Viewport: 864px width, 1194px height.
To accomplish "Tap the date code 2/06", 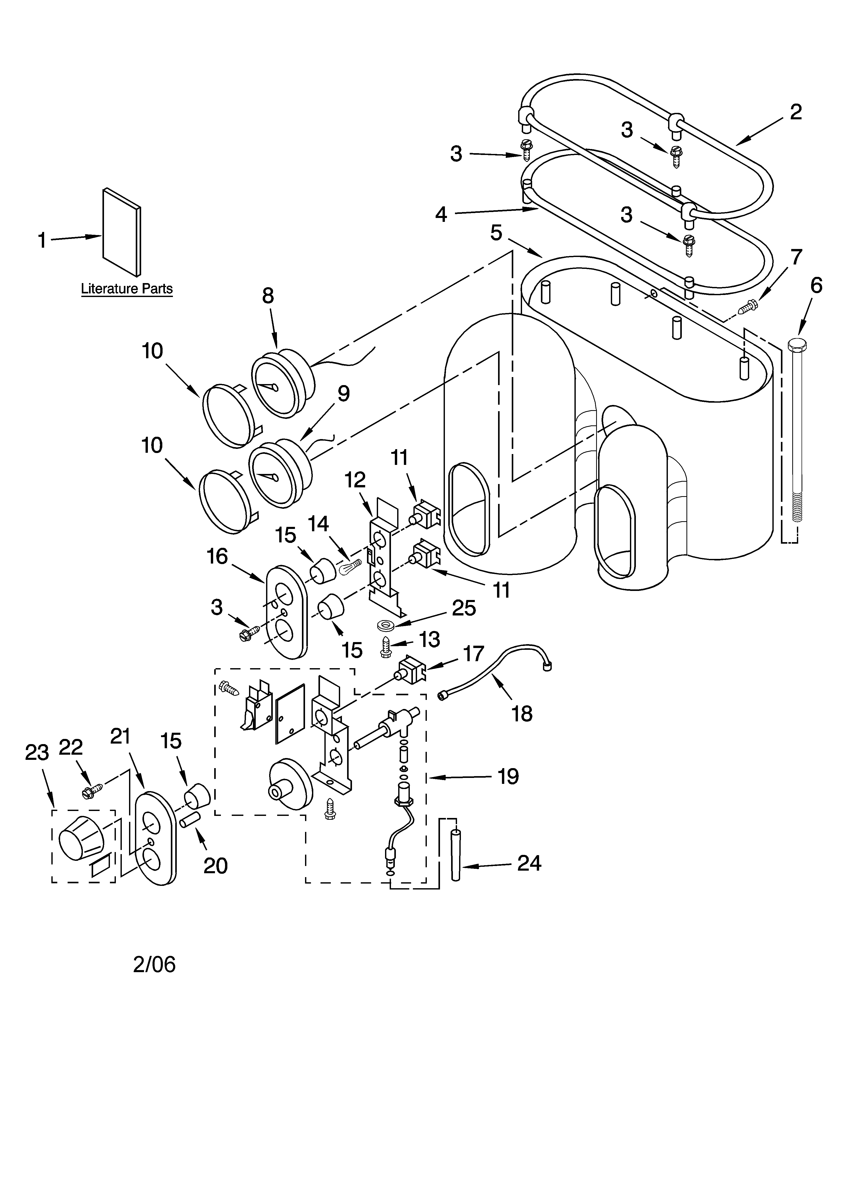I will coord(154,964).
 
